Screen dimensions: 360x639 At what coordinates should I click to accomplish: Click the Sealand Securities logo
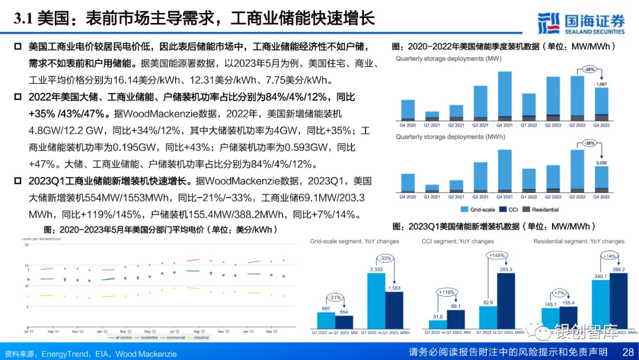(582, 22)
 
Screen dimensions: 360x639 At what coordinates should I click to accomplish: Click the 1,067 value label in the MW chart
(601, 85)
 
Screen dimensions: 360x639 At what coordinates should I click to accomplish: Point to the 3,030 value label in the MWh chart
(601, 163)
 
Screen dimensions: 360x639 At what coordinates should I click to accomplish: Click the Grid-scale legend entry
(481, 210)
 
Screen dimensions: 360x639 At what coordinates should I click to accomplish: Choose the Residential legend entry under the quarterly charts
(544, 210)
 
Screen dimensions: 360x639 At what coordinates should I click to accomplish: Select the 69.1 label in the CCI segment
(456, 306)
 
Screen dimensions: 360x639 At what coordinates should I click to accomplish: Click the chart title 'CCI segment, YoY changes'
(458, 242)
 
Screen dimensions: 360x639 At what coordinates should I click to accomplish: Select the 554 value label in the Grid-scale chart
(344, 312)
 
